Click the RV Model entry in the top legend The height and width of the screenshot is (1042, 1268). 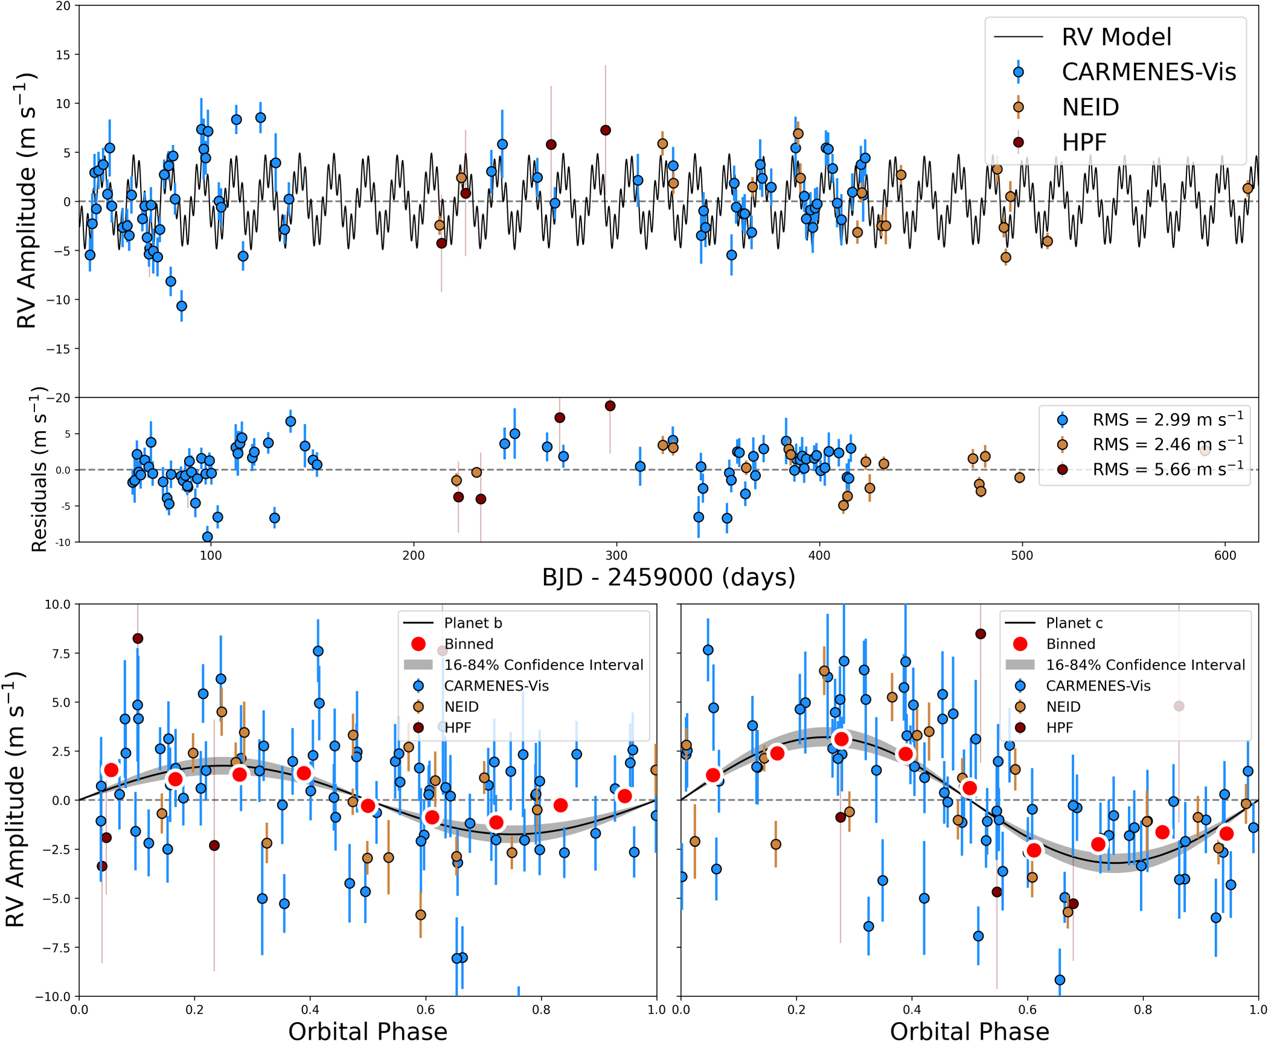pos(1116,37)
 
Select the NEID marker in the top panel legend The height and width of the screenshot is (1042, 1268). pos(1018,108)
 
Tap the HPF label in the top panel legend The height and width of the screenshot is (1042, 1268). pos(1084,143)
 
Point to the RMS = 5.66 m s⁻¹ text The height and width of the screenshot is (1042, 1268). pos(1168,469)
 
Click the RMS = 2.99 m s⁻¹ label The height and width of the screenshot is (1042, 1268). pos(1168,419)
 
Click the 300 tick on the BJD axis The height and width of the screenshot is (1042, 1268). pos(616,555)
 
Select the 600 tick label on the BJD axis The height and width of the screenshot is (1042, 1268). pos(1225,555)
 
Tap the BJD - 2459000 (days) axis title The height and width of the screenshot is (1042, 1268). pos(668,577)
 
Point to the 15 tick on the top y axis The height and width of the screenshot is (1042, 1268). pos(63,55)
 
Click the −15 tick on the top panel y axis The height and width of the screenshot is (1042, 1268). pos(59,349)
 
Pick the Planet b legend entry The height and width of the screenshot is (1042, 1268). pos(473,623)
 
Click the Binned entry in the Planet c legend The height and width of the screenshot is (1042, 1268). pos(1070,644)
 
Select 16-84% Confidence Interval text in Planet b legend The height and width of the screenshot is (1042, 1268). pos(543,665)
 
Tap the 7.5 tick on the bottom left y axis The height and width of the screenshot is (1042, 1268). pos(57,654)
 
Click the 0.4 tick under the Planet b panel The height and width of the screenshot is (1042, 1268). pos(310,1010)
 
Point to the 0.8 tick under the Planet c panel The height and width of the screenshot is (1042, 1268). pos(1142,1010)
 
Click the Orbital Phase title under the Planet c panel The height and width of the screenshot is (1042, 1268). pos(969,1031)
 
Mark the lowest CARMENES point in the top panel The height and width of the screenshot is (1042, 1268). pos(182,306)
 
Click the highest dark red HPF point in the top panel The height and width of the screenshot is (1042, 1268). pos(606,130)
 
